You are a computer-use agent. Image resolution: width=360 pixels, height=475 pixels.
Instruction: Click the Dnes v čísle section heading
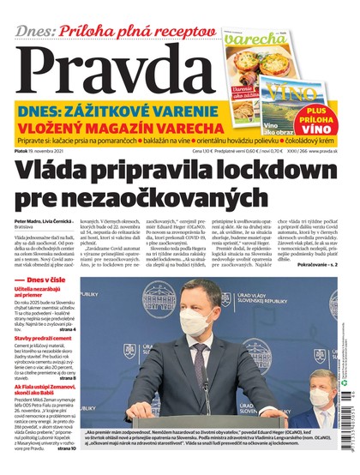[x=42, y=281]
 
